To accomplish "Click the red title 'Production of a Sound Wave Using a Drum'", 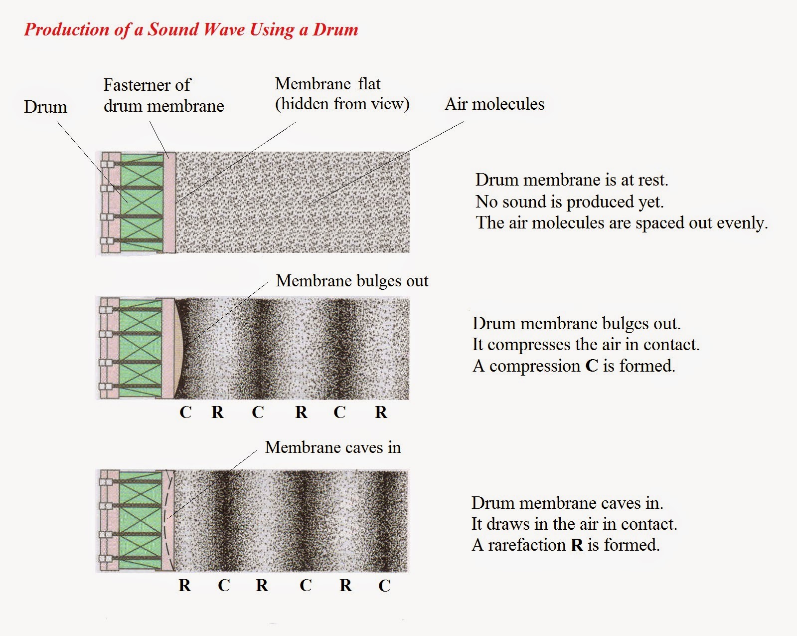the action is coord(191,29).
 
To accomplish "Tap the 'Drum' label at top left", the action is coord(45,107).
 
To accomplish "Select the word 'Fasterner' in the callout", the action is coord(136,85).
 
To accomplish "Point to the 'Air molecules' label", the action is coord(494,104).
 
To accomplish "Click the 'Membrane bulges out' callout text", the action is coord(352,281).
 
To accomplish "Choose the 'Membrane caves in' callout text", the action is coord(333,447).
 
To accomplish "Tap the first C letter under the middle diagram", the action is coord(185,412).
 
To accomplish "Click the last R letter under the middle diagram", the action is coord(381,412).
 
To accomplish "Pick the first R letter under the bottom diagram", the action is coord(185,585).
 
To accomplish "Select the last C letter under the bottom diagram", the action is coord(384,586).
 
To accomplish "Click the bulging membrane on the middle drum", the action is coord(179,348).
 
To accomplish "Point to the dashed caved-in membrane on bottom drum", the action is coord(166,520).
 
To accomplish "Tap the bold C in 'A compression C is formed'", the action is coord(592,366).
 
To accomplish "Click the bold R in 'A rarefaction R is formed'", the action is coord(577,545).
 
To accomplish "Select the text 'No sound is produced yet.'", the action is coord(570,202).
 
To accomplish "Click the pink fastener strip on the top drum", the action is coord(170,203).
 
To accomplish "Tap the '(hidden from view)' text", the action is coord(342,104).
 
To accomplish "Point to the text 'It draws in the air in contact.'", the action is coord(574,524).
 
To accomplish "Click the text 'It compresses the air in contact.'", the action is coord(586,345).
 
